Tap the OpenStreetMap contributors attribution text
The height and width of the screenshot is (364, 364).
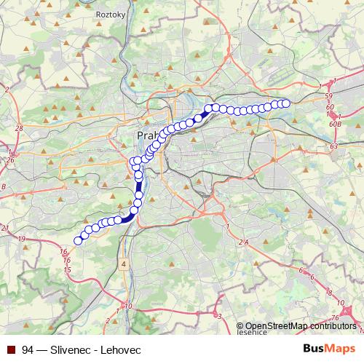click(301, 325)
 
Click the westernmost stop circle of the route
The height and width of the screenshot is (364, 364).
click(79, 240)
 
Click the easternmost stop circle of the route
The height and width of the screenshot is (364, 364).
click(285, 103)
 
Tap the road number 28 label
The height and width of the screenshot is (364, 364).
click(19, 128)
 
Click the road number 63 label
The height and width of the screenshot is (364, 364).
click(333, 146)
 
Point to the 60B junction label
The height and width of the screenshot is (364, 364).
click(335, 124)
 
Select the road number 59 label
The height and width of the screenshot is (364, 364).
click(329, 96)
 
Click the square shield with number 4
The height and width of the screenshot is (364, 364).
click(124, 263)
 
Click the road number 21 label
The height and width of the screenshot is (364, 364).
click(5, 229)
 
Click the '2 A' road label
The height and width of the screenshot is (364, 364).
click(242, 241)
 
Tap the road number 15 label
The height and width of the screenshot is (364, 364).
click(66, 270)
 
